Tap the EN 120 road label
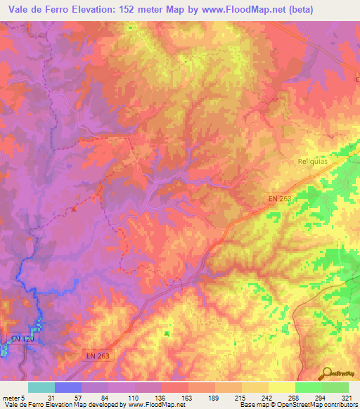22,339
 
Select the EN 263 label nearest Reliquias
280,200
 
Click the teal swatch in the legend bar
41,387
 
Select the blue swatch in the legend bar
67,387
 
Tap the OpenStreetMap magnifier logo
326,372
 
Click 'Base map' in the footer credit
252,405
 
